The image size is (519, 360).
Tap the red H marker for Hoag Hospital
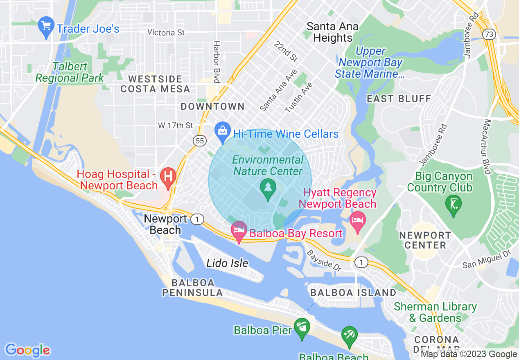(x=168, y=176)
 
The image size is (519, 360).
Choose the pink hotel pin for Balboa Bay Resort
(x=239, y=231)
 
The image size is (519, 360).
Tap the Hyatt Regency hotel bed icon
(x=358, y=220)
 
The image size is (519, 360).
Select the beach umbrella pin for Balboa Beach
(x=350, y=336)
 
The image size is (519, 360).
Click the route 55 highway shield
(x=199, y=141)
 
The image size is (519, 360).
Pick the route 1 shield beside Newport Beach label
(x=197, y=220)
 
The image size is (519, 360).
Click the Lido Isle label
(x=227, y=263)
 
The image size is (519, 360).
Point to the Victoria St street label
(x=166, y=32)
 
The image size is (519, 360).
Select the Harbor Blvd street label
(x=217, y=62)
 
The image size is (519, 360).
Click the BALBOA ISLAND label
(x=353, y=292)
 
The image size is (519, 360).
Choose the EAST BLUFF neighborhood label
(x=399, y=99)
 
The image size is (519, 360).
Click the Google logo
(x=27, y=350)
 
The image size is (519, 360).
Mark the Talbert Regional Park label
(x=70, y=72)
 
